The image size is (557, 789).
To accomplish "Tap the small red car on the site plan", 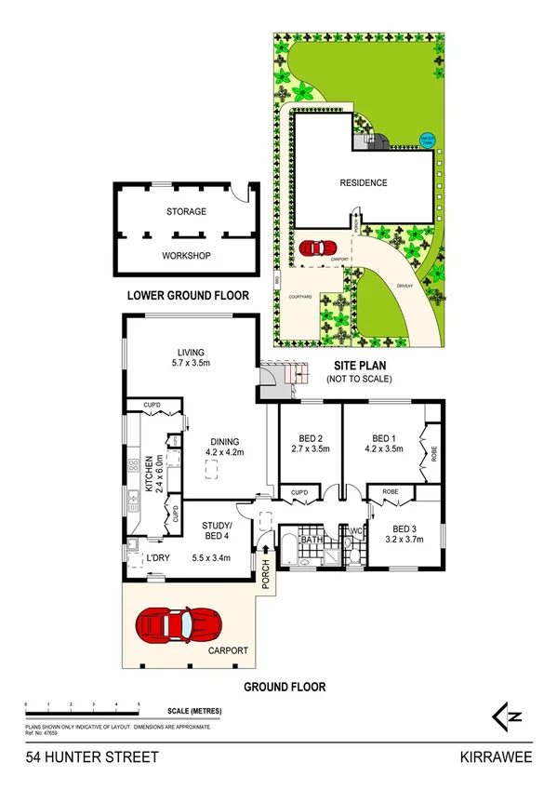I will pos(317,248).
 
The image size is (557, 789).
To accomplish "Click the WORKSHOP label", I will pos(186,256).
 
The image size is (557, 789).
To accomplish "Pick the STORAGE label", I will pos(186,212).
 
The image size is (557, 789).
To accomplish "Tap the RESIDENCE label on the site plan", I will pos(363,183).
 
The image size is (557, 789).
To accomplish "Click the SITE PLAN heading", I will pos(358,366).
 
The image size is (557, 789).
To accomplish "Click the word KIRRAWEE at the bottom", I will pos(497,757).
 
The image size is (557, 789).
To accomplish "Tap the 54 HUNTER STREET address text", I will pos(79,757).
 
